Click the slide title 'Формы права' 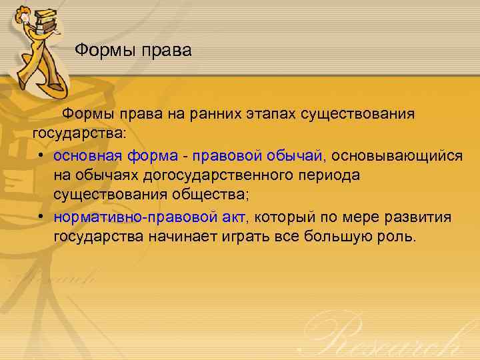(x=133, y=50)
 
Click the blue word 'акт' (x=234, y=217)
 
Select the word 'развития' (x=421, y=217)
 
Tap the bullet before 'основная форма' (x=41, y=155)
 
